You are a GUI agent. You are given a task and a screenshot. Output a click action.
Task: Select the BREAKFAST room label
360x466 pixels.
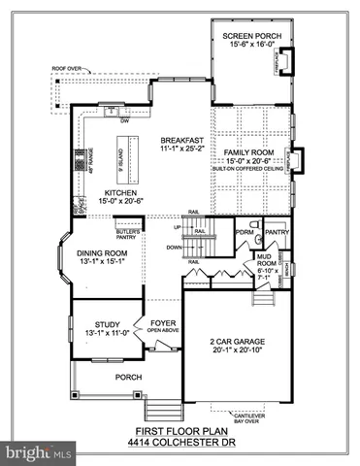(x=180, y=141)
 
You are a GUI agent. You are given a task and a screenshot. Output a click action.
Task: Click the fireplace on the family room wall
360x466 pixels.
(x=301, y=156)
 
